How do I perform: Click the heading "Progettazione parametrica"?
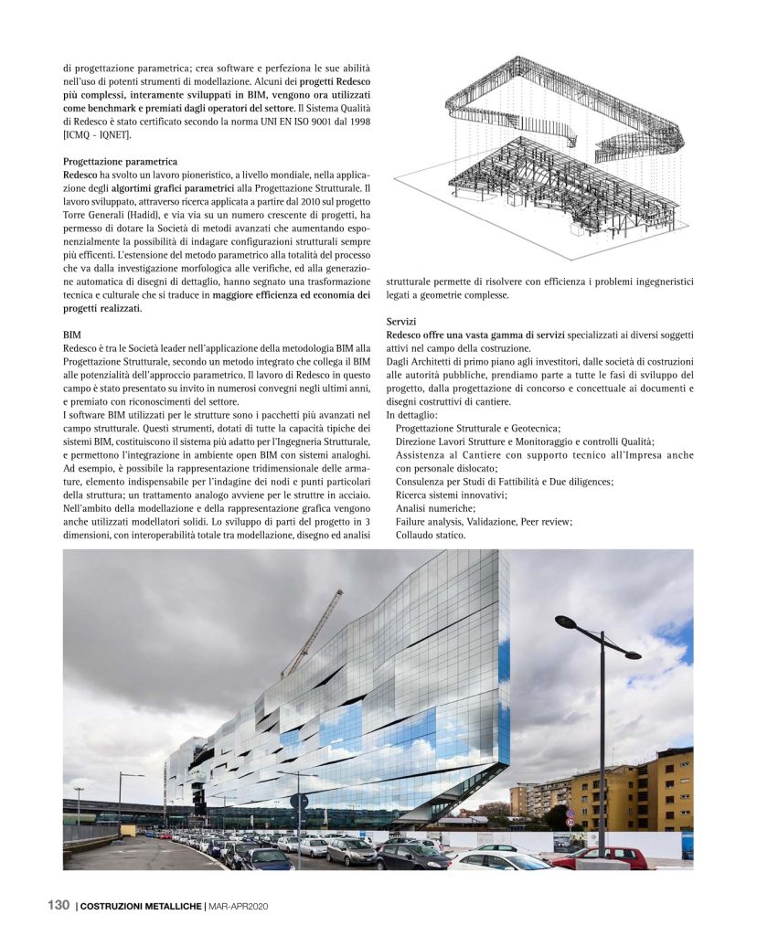click(x=120, y=161)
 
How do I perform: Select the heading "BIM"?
click(x=72, y=335)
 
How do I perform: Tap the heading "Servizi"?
click(x=401, y=322)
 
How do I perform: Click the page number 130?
click(x=59, y=905)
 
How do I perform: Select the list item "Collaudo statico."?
click(x=431, y=535)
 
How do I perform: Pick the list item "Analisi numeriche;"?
click(x=435, y=507)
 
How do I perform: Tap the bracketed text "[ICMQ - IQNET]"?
click(x=97, y=134)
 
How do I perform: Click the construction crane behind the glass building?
click(x=314, y=631)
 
